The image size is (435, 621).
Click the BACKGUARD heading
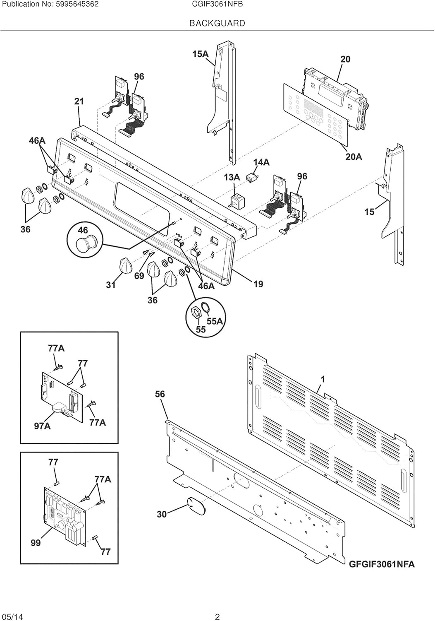point(217,23)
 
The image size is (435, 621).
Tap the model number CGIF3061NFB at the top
point(217,5)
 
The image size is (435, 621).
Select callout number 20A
point(354,156)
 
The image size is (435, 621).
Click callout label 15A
point(200,54)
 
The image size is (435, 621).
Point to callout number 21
point(79,101)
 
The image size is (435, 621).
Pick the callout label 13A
point(232,177)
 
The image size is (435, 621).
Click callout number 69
point(139,276)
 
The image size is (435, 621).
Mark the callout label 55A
point(215,321)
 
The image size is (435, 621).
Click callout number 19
point(258,284)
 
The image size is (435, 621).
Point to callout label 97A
point(42,426)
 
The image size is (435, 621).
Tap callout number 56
point(160,394)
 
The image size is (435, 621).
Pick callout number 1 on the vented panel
point(323,379)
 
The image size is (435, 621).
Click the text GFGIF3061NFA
point(382,564)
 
